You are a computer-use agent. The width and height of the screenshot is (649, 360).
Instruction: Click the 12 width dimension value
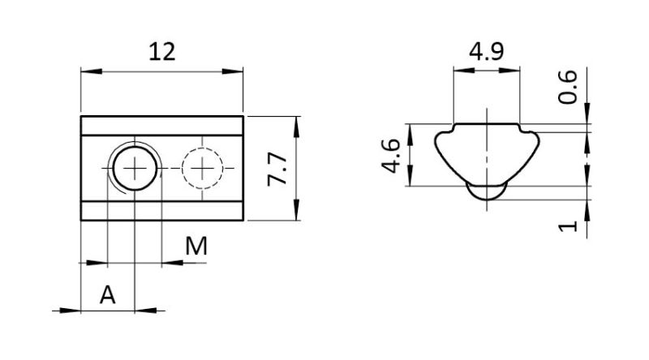click(x=162, y=52)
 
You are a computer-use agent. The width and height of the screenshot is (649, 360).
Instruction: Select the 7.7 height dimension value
click(x=277, y=169)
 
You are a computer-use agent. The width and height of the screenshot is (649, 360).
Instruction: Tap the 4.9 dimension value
click(x=486, y=52)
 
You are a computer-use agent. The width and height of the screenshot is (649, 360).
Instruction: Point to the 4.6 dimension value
click(x=391, y=156)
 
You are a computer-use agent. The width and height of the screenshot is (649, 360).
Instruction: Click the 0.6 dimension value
click(x=567, y=87)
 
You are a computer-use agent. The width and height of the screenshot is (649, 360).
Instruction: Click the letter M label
click(x=196, y=246)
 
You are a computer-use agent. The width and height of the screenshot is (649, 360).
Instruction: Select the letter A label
click(x=108, y=295)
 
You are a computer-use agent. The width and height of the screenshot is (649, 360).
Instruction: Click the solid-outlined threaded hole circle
click(x=135, y=169)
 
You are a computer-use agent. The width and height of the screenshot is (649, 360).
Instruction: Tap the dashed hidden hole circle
click(x=202, y=169)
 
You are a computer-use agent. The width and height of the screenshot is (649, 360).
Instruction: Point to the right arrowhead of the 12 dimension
click(x=233, y=71)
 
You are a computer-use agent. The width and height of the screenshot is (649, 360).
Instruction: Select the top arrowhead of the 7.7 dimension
click(x=296, y=127)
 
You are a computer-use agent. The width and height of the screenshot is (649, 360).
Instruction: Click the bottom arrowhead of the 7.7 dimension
click(x=296, y=210)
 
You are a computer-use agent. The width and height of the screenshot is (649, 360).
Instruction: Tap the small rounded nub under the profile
click(x=487, y=192)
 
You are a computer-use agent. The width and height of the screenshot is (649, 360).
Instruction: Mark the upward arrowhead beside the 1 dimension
click(x=587, y=210)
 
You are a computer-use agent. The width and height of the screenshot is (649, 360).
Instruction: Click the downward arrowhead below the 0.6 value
click(x=587, y=114)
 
